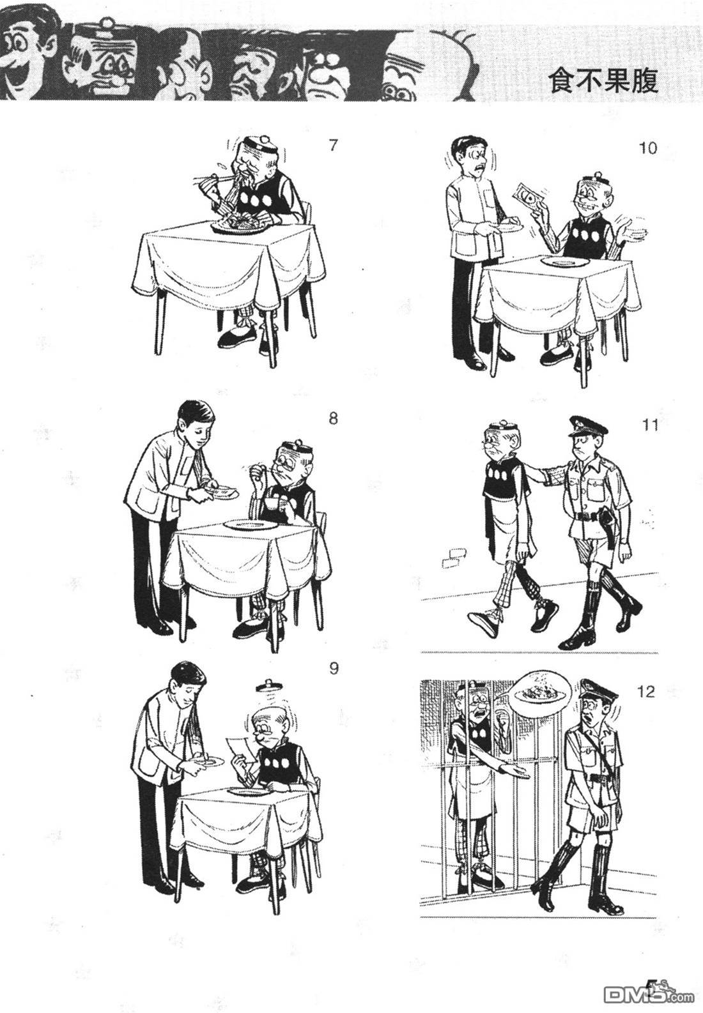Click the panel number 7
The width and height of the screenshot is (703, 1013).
tap(333, 146)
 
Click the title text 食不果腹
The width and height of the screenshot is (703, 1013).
tap(603, 81)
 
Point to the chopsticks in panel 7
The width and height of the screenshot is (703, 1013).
tap(212, 178)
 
